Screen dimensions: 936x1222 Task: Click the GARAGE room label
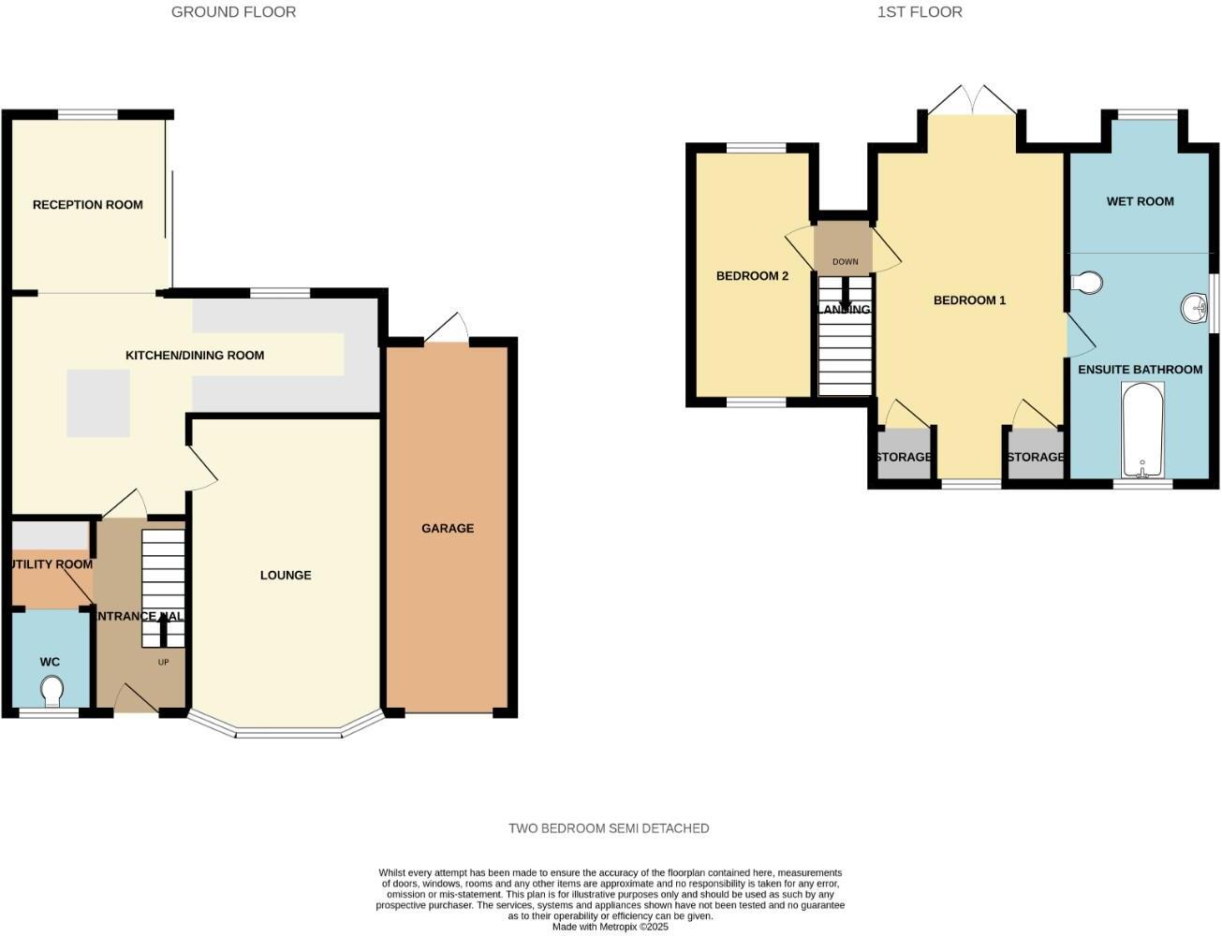[x=447, y=528]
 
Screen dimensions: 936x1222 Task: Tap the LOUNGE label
[x=286, y=575]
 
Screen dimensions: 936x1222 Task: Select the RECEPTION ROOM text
[x=88, y=204]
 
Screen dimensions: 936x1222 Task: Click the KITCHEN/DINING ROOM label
[x=195, y=355]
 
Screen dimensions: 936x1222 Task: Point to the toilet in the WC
[x=52, y=692]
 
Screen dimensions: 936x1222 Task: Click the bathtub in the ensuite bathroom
[x=1141, y=431]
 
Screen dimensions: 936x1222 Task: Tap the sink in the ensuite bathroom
[x=1194, y=308]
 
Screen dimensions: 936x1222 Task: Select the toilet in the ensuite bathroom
[x=1087, y=282]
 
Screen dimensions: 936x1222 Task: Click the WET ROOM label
[x=1140, y=201]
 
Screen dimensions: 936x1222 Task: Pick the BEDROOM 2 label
[x=752, y=276]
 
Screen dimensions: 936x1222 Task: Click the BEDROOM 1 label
[x=969, y=300]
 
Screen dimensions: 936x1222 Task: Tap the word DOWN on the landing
[x=845, y=262]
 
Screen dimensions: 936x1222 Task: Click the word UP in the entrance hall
[x=163, y=663]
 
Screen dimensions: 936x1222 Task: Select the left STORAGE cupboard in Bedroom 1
[x=904, y=457]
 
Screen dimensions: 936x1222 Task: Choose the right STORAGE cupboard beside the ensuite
[x=1036, y=457]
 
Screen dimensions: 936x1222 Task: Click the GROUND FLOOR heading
[x=233, y=12]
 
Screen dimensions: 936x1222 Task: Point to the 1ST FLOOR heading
[x=920, y=12]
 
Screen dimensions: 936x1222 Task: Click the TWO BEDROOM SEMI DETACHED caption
[x=609, y=828]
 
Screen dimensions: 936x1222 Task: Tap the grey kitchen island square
[x=98, y=402]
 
